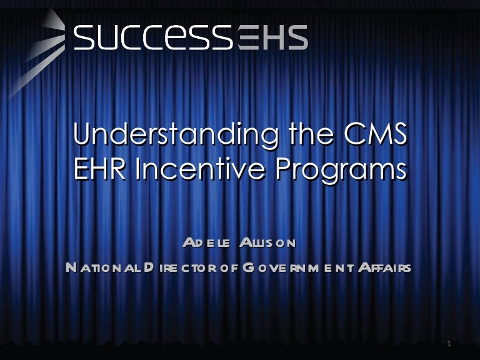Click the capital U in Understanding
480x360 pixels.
point(82,135)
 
